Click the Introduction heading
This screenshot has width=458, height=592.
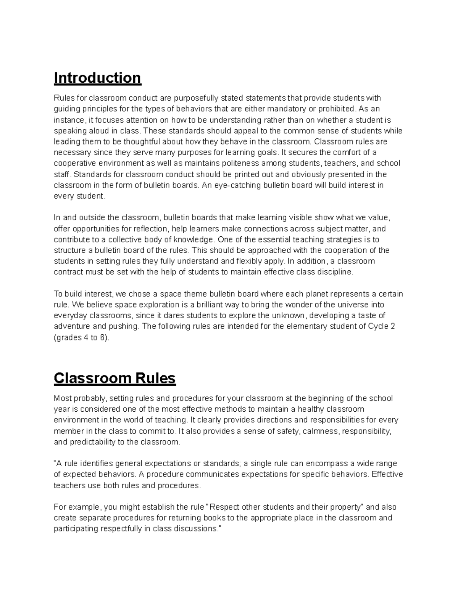point(97,78)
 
